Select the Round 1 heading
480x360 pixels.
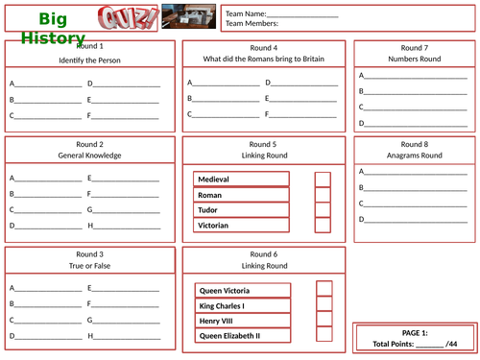coord(89,46)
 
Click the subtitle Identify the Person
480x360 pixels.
coord(89,60)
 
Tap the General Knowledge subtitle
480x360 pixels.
coord(89,156)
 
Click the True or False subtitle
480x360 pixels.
coord(89,265)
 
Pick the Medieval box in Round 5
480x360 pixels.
coord(241,179)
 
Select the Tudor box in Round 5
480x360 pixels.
coord(241,209)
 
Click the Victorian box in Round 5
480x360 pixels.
coord(241,225)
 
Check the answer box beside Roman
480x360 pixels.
coord(323,194)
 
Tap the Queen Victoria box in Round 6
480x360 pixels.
coord(241,290)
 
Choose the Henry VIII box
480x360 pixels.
coord(241,321)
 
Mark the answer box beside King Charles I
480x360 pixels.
coord(324,305)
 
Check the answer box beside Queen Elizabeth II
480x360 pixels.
coord(324,336)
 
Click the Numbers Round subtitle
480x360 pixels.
coord(415,60)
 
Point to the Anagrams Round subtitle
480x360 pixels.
coord(415,156)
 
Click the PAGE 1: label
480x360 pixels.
coord(415,332)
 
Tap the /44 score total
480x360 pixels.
coord(451,343)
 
